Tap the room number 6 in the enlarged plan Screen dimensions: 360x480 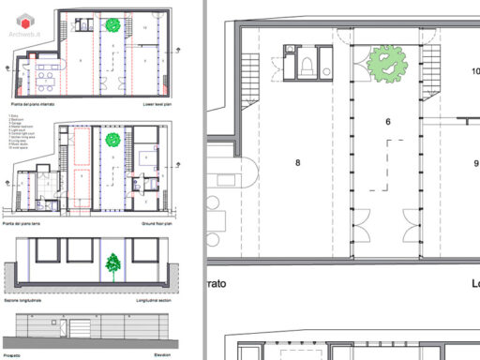[x=387, y=122]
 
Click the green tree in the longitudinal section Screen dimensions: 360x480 [x=112, y=265]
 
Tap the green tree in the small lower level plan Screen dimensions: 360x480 [x=112, y=26]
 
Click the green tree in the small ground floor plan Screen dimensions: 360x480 [x=113, y=141]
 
